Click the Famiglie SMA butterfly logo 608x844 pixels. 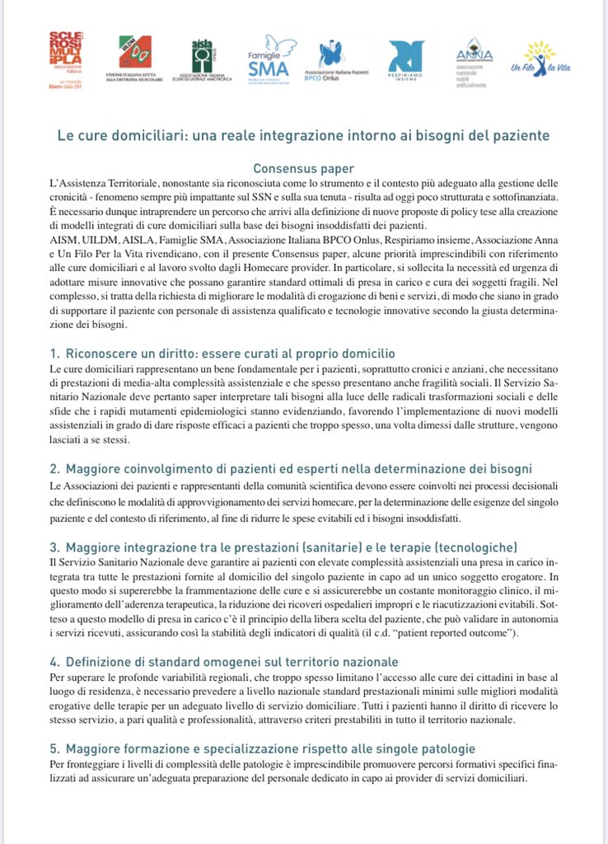[x=269, y=58]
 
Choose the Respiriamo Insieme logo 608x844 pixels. [x=405, y=60]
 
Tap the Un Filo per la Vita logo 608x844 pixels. [x=540, y=59]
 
